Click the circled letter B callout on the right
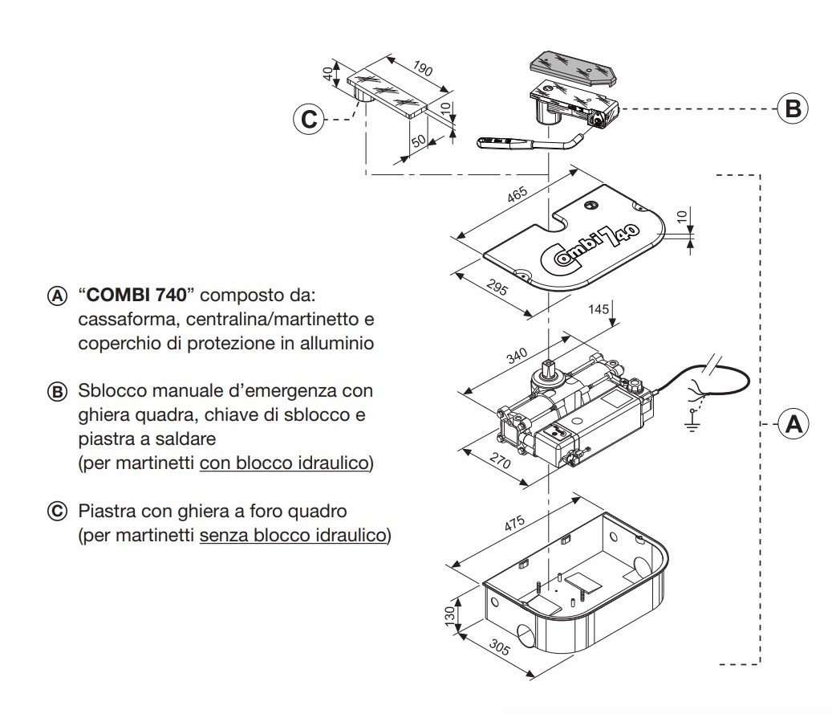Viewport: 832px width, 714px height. tap(793, 108)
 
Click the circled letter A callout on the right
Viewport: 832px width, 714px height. tap(793, 423)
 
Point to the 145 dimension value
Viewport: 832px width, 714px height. tap(597, 308)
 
